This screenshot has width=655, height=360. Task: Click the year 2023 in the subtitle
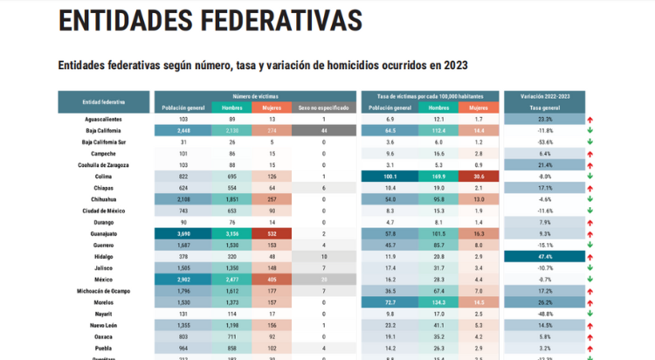[452, 66]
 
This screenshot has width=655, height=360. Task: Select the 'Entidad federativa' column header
[103, 102]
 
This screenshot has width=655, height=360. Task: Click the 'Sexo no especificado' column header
[323, 107]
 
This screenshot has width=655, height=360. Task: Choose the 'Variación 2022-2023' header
[544, 95]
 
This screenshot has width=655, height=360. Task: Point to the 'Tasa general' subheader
[544, 107]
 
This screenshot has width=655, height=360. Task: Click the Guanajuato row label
[103, 234]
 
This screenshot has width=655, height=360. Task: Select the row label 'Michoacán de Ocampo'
[103, 291]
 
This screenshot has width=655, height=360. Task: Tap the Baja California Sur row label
[103, 142]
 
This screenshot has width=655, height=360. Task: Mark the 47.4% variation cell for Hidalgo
[544, 257]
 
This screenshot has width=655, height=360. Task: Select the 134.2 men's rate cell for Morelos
[439, 302]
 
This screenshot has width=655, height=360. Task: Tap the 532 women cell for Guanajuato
[272, 234]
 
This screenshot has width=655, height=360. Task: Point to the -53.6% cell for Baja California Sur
[544, 142]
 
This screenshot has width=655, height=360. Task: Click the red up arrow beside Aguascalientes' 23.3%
[590, 119]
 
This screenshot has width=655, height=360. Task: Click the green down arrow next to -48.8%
[590, 314]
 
